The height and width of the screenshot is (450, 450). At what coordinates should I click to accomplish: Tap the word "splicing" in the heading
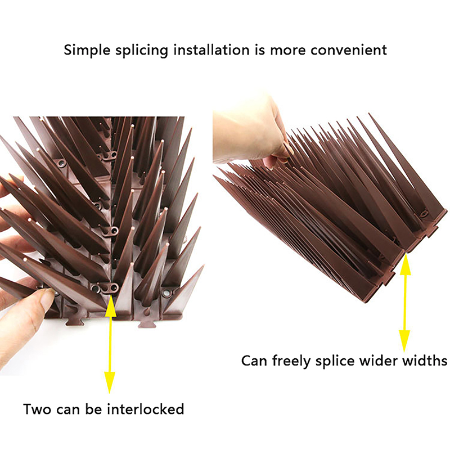point(140,51)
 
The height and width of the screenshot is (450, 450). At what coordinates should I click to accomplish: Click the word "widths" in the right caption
point(425,360)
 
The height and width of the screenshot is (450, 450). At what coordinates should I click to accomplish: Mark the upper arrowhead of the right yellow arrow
point(404,265)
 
